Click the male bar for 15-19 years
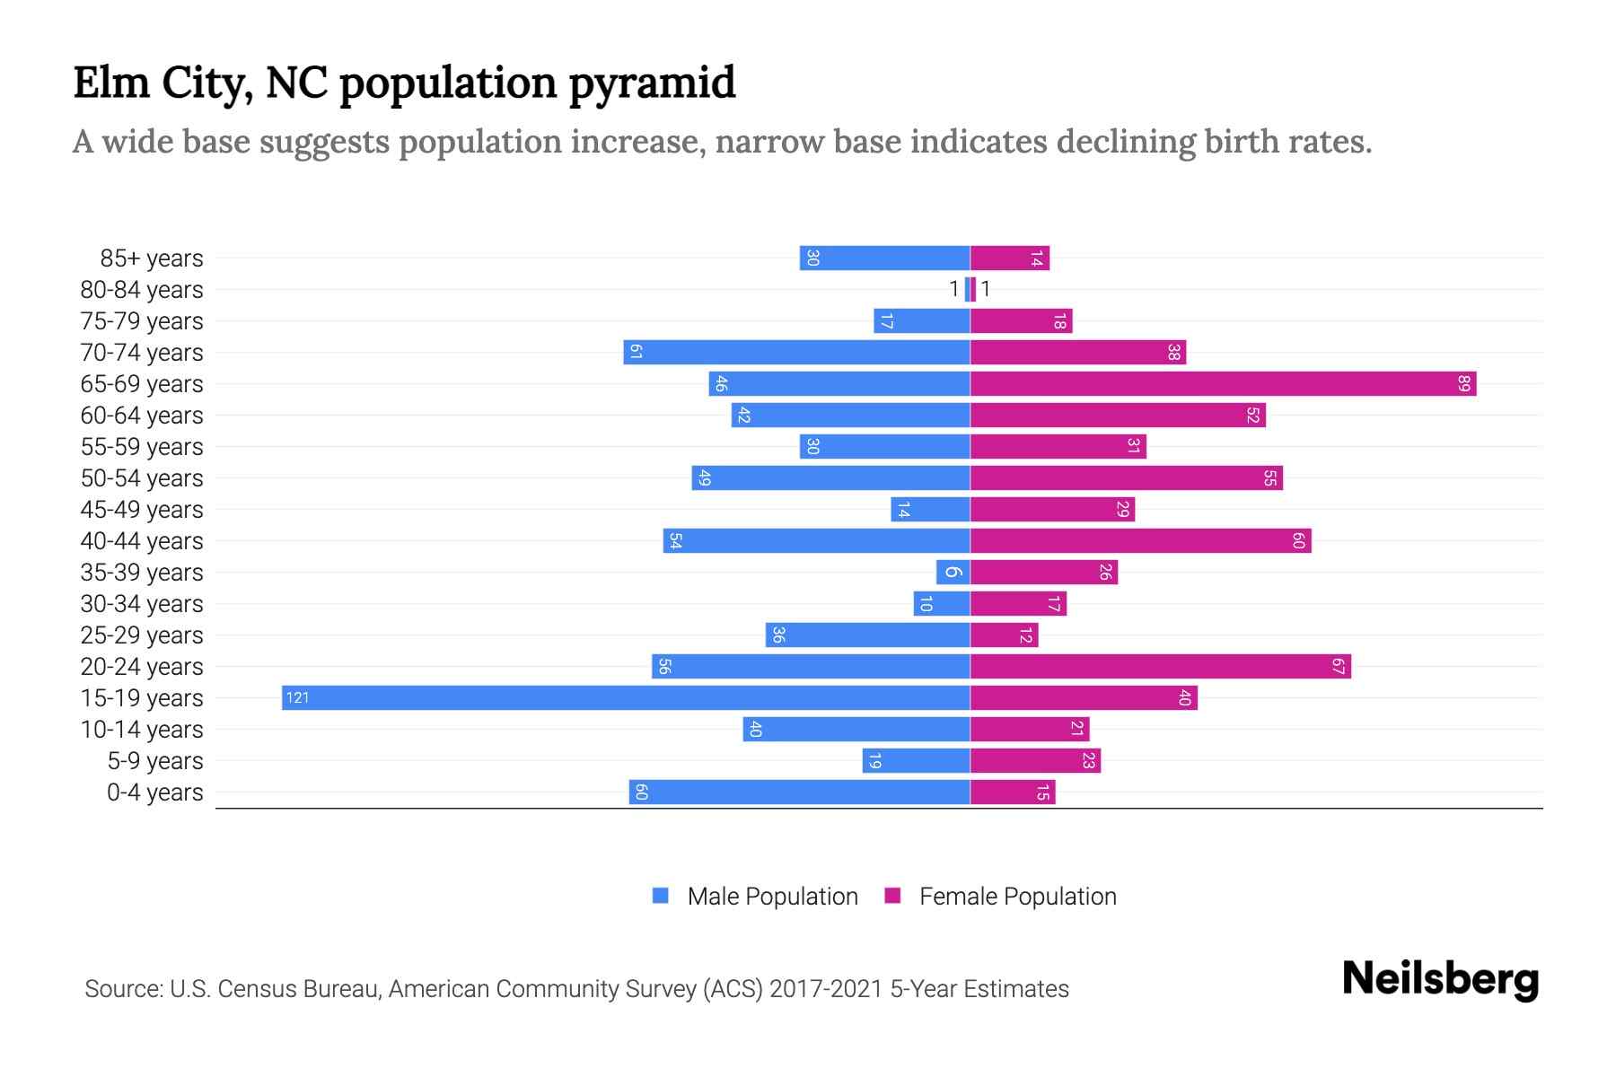point(626,698)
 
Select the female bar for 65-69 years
point(1223,384)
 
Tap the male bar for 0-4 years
point(799,792)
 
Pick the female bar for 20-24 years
point(1160,667)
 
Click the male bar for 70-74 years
point(796,353)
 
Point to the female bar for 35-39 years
point(1043,573)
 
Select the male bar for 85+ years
point(884,258)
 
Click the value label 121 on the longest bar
point(297,698)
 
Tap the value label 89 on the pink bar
point(1463,384)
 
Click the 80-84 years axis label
point(142,290)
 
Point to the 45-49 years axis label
point(142,510)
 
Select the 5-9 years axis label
point(154,761)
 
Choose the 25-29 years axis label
point(142,635)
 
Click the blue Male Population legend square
point(661,896)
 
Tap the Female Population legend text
point(1017,897)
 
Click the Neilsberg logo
point(1440,979)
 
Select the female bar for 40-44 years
point(1140,541)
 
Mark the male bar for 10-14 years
point(856,730)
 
